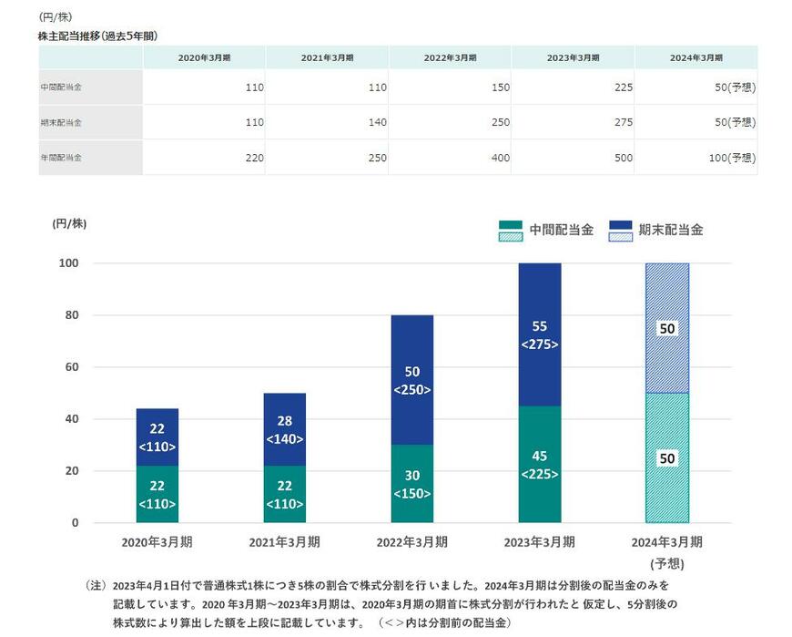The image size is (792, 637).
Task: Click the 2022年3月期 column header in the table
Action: point(450,57)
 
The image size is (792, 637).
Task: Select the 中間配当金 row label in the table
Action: point(61,87)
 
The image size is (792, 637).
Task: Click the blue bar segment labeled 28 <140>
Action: point(285,429)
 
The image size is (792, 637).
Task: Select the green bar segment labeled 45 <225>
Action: point(540,465)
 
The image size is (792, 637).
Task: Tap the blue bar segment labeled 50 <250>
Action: point(412,380)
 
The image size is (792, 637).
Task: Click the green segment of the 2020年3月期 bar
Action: point(157,495)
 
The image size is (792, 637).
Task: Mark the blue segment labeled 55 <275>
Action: point(540,334)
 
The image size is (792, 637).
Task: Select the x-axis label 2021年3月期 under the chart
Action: point(285,541)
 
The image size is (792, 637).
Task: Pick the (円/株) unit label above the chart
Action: point(69,223)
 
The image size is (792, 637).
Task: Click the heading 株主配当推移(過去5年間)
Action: point(97,36)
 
